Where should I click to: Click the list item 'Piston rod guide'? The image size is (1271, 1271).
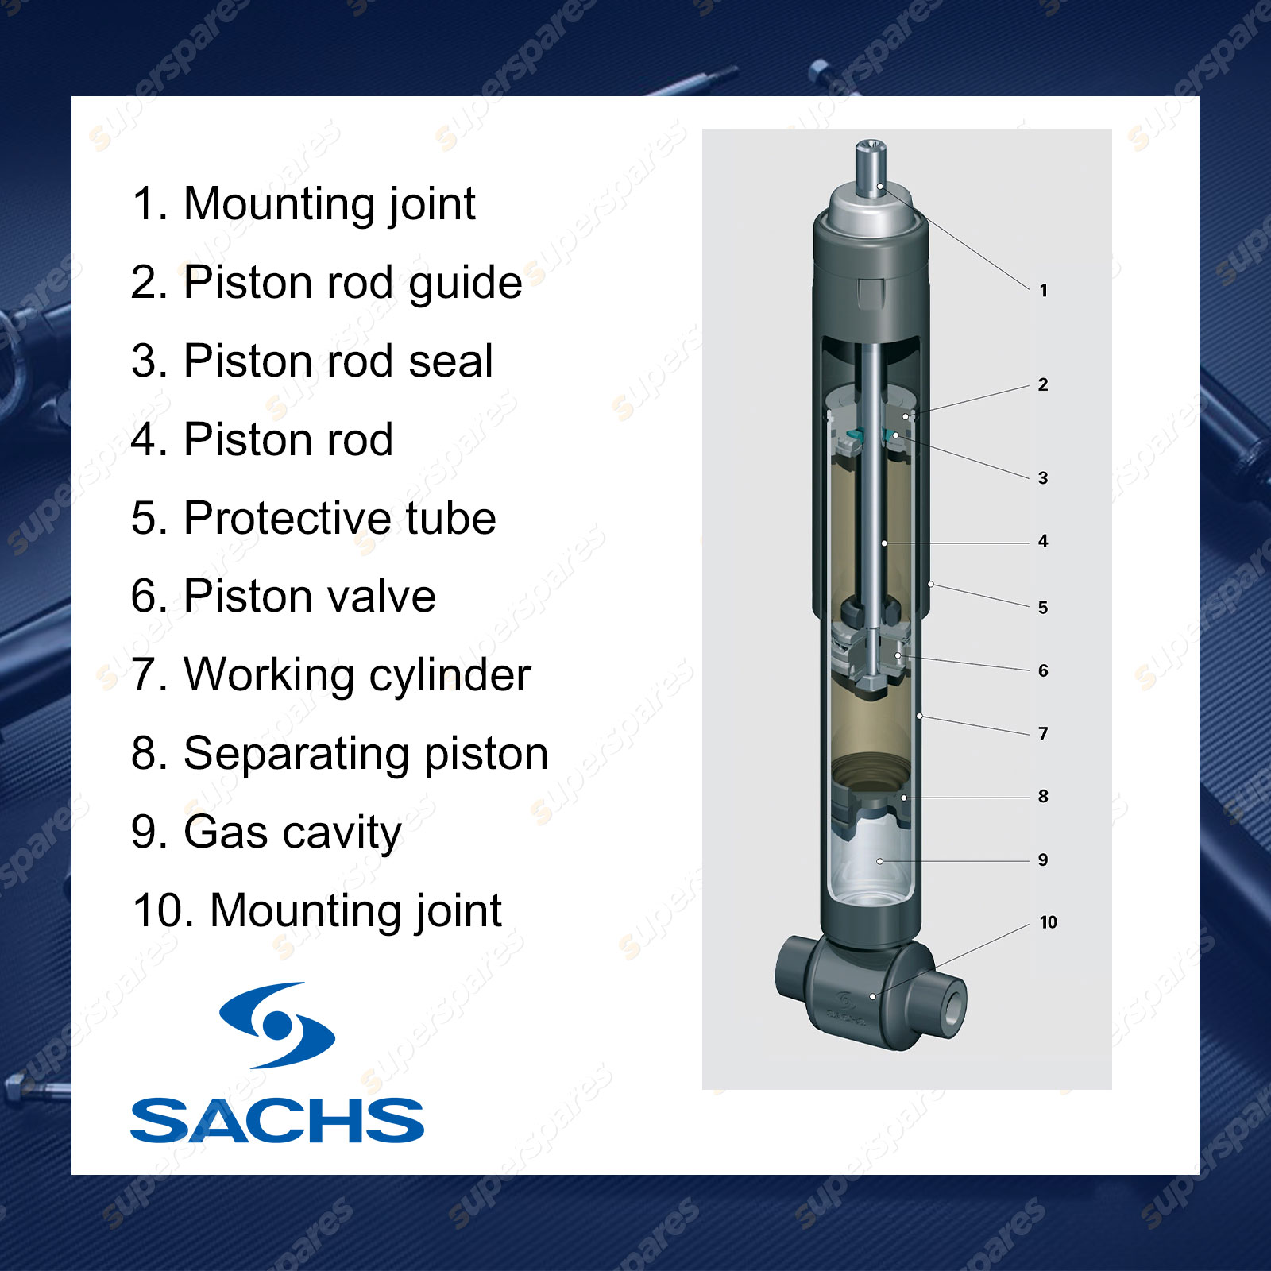326,283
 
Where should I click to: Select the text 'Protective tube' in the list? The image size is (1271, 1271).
314,518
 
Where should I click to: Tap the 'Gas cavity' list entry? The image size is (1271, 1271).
267,833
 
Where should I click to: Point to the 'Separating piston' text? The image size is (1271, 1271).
340,754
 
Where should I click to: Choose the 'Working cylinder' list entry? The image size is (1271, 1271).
331,676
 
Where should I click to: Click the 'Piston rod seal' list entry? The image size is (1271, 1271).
312,361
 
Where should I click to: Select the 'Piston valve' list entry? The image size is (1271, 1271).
284,597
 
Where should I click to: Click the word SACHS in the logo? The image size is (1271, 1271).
277,1121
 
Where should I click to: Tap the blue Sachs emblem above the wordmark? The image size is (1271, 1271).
277,1026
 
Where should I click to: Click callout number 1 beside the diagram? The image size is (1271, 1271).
1044,291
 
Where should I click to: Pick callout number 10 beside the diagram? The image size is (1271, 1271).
1049,922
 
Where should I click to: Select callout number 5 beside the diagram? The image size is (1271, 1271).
1043,608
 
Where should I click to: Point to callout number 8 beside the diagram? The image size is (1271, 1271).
1043,797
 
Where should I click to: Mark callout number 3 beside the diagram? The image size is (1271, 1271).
1043,478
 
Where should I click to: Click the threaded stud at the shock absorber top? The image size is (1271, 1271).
871,165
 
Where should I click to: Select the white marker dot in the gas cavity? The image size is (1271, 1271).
879,861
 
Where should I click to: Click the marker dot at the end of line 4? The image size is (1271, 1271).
884,543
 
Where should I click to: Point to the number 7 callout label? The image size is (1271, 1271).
1043,734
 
